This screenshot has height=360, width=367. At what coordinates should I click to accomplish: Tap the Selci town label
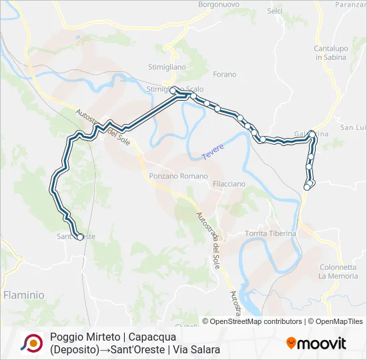click(x=275, y=11)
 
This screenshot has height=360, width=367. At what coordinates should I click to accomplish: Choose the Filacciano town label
click(x=228, y=183)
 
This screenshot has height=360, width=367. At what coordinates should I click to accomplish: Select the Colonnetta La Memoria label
click(x=338, y=271)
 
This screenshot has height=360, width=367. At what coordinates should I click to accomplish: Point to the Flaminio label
click(x=23, y=294)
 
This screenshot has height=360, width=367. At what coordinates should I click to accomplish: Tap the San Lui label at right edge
click(x=354, y=127)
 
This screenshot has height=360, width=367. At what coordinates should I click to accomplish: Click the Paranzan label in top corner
click(x=352, y=4)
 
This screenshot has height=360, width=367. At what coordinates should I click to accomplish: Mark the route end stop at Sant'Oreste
click(x=80, y=237)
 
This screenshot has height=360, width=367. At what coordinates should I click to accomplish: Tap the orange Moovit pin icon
click(x=291, y=343)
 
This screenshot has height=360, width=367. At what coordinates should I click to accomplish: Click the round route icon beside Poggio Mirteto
click(x=31, y=342)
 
